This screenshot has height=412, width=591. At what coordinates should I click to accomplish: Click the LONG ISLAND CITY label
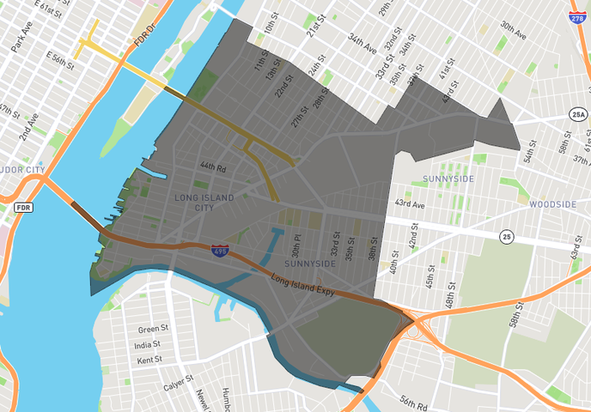[204, 203]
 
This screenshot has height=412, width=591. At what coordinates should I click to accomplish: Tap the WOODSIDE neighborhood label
[553, 204]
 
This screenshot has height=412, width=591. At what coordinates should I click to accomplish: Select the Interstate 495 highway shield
[219, 250]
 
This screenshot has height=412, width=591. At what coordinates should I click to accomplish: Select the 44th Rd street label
[212, 167]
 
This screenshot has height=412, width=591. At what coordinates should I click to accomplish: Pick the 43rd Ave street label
[410, 203]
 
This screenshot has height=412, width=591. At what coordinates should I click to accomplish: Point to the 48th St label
[450, 297]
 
